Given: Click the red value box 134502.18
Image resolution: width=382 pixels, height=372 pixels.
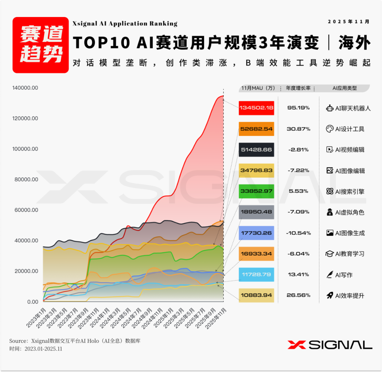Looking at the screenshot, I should [x=256, y=108].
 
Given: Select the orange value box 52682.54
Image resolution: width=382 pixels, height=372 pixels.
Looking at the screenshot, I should [x=256, y=129].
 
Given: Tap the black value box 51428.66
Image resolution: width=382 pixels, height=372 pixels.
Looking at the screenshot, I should [x=256, y=149].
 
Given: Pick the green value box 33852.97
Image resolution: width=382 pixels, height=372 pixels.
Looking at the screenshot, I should [x=256, y=191].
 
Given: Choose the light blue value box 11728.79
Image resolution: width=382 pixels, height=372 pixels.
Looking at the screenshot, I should [x=256, y=274].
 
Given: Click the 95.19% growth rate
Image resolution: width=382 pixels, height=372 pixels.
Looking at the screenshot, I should [x=298, y=108].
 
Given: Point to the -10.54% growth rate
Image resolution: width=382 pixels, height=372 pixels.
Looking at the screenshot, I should [x=298, y=233].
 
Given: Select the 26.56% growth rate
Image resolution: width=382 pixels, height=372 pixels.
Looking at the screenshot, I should [x=298, y=295].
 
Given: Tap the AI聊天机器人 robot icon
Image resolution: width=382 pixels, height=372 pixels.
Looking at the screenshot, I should [x=329, y=108].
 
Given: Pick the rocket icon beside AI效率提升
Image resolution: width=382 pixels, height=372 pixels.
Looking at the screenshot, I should [x=329, y=296].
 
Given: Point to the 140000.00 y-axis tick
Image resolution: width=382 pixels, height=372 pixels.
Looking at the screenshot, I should [x=25, y=88].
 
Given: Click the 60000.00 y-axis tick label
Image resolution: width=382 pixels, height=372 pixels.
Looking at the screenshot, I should [x=25, y=210].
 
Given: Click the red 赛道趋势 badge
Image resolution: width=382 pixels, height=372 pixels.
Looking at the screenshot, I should [x=40, y=45].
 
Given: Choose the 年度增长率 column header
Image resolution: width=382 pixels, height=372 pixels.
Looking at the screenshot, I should [x=298, y=88].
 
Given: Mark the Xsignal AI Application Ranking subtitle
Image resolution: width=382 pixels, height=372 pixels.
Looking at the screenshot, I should [x=125, y=24].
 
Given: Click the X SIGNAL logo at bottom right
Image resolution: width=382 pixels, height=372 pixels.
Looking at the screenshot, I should [x=330, y=345].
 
